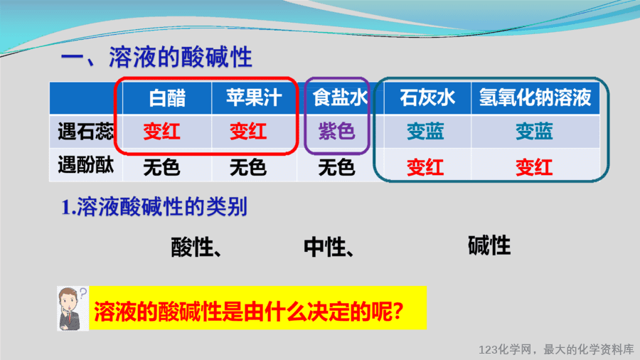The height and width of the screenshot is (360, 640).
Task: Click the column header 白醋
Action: click(167, 98)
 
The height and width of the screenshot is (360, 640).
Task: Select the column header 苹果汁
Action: click(254, 97)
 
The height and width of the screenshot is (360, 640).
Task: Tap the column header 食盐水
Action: click(340, 98)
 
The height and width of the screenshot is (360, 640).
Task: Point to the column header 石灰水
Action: click(427, 98)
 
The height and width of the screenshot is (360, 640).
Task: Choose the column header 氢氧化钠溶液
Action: click(535, 97)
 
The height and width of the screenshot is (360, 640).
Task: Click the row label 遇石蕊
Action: click(85, 132)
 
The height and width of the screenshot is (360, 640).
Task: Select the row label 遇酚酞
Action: click(85, 165)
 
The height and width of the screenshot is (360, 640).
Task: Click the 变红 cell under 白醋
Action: click(161, 132)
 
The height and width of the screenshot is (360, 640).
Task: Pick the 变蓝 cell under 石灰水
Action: click(425, 132)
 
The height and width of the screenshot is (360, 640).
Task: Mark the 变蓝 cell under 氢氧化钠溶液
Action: click(534, 132)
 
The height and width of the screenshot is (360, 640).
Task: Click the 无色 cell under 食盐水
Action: click(337, 167)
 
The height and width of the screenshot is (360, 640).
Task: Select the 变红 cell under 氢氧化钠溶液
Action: click(534, 167)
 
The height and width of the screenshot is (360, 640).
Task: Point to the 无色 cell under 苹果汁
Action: click(248, 167)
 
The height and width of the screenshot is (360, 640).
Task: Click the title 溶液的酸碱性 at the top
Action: click(181, 57)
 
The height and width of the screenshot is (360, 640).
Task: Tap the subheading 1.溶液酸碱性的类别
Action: click(154, 206)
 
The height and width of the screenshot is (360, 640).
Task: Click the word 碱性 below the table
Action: click(489, 245)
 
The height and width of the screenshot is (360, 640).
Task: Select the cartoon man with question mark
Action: click(73, 309)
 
